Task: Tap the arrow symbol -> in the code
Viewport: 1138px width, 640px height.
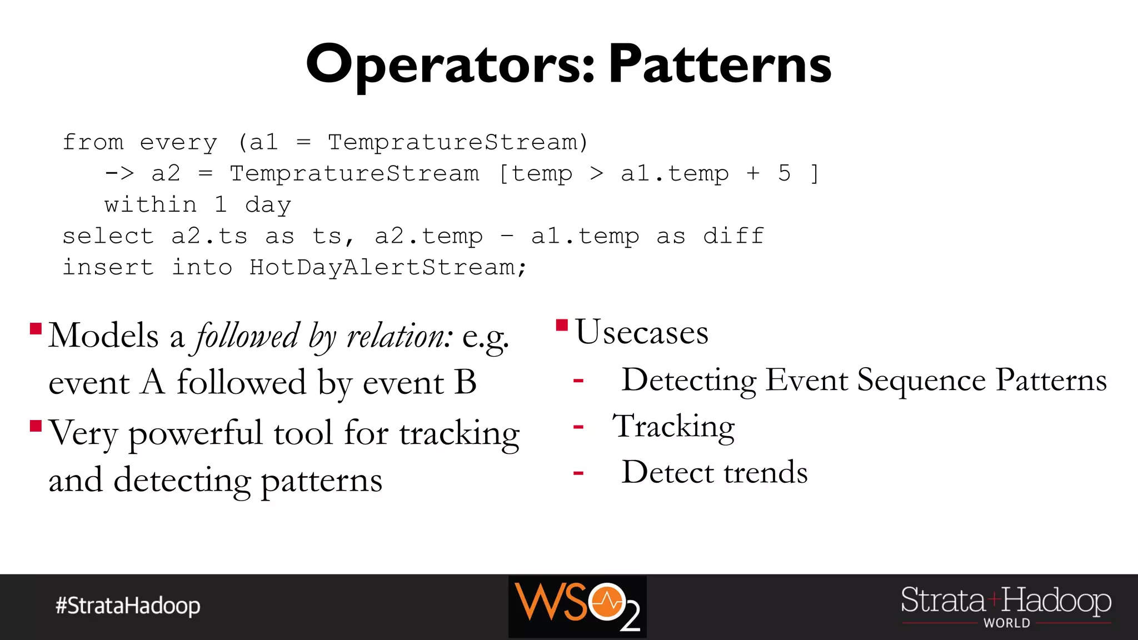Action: (x=119, y=173)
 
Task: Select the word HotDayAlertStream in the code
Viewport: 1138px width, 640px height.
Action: (x=383, y=268)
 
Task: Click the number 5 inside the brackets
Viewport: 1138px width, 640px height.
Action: (x=784, y=173)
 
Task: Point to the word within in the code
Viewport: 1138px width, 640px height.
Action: (x=151, y=205)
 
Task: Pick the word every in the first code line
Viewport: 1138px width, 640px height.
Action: (x=178, y=143)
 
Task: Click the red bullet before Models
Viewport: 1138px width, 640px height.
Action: (x=36, y=329)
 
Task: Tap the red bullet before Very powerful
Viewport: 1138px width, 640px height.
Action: (x=36, y=426)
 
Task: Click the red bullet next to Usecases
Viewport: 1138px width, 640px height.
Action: (x=562, y=324)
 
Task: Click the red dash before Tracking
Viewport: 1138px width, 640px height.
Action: (x=578, y=427)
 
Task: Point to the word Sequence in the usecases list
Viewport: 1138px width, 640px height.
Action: (x=921, y=381)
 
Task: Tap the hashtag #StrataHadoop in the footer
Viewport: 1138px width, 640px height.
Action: (x=128, y=606)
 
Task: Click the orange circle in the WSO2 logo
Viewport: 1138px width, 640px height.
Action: (x=607, y=601)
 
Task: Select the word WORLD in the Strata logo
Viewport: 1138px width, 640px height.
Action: (x=1006, y=623)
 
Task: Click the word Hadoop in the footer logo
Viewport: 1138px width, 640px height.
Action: (x=1057, y=601)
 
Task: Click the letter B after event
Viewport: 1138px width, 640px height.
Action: (x=465, y=382)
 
